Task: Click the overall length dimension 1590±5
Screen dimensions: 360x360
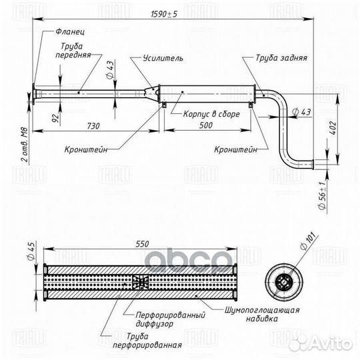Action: [x=164, y=14]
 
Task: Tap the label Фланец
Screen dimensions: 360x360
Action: [x=70, y=31]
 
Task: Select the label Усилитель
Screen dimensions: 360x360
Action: [x=163, y=58]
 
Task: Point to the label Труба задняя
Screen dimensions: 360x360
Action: [x=281, y=58]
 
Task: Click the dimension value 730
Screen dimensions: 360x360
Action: [x=93, y=126]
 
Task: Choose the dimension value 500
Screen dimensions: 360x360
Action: [x=206, y=125]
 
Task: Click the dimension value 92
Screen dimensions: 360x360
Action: [x=56, y=118]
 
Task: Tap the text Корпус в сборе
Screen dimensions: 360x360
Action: [x=211, y=114]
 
